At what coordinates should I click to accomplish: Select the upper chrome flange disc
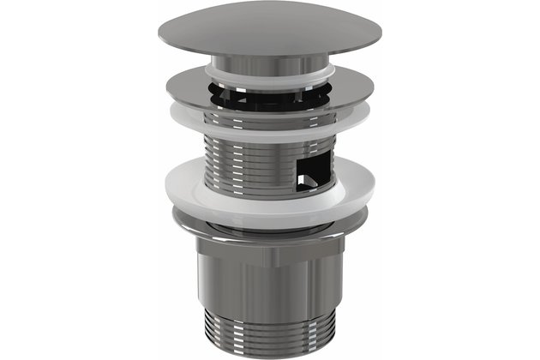(x=214, y=86)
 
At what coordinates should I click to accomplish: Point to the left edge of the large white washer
(x=167, y=192)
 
